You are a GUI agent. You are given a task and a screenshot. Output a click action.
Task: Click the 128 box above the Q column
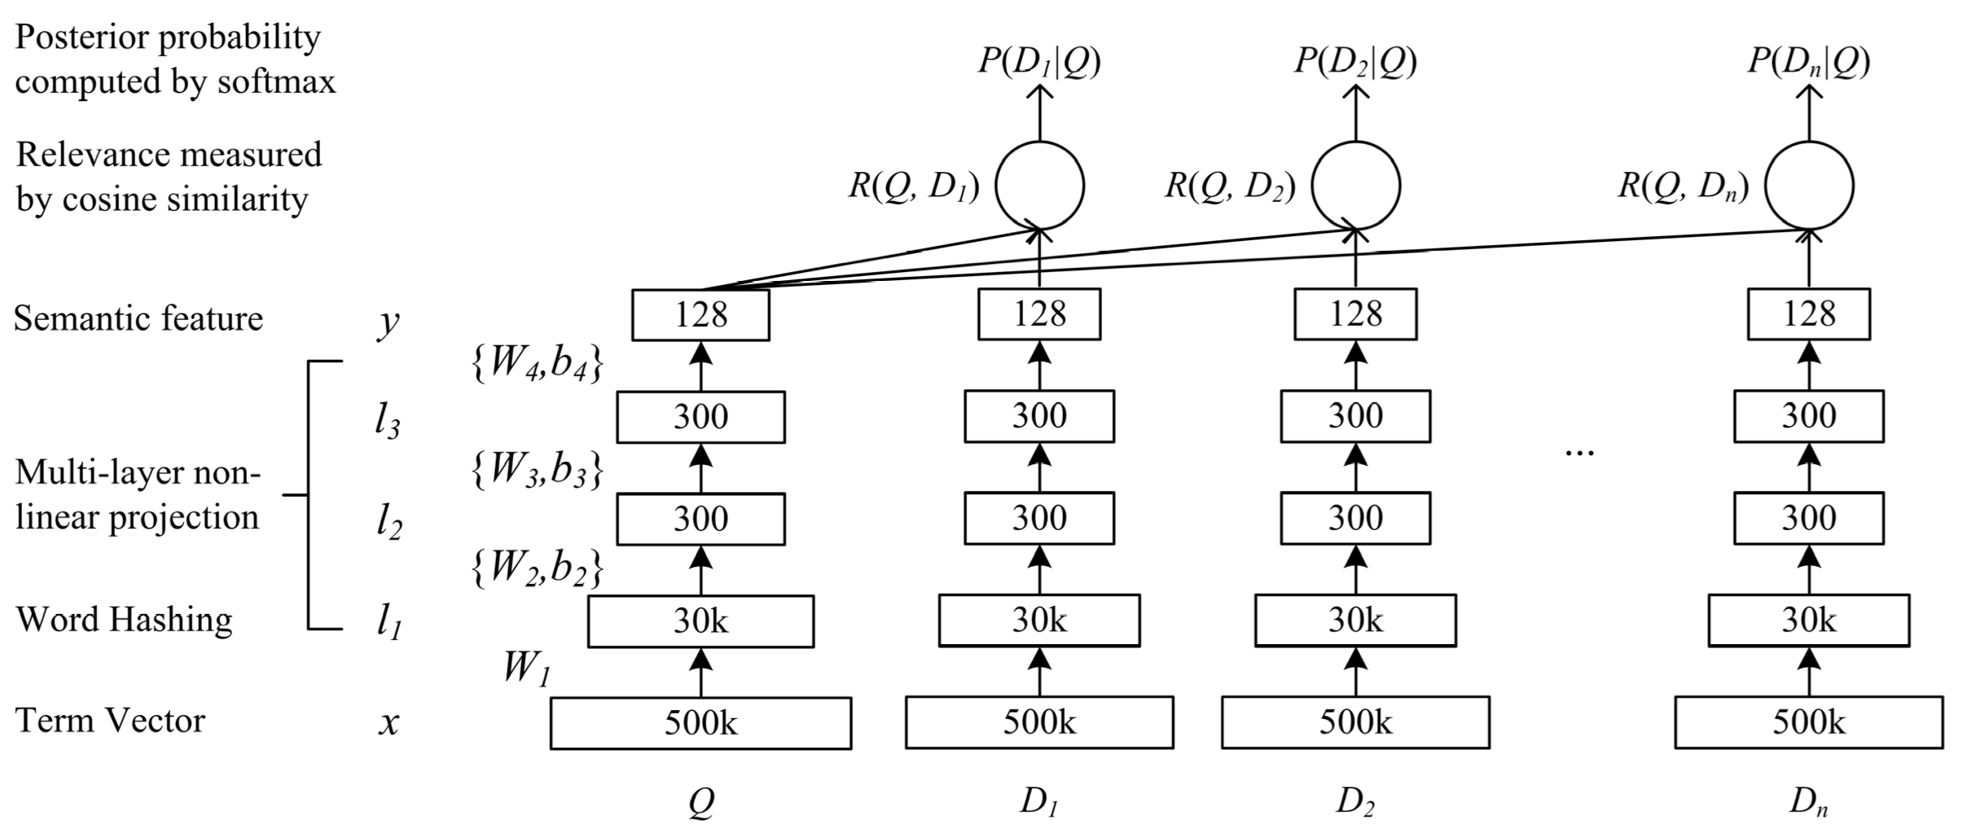(x=700, y=314)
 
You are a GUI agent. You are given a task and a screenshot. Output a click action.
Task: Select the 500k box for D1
(x=1039, y=722)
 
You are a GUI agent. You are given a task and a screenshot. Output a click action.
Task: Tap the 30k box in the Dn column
(x=1808, y=621)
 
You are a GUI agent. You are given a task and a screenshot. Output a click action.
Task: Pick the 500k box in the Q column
(x=700, y=722)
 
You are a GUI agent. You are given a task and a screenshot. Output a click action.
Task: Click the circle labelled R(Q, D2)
(x=1356, y=186)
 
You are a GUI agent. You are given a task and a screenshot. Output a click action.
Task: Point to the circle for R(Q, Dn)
(x=1809, y=186)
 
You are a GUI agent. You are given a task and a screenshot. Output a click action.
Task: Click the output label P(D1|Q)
(x=1039, y=62)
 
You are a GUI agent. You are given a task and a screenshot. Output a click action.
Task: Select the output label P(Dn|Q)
(x=1808, y=62)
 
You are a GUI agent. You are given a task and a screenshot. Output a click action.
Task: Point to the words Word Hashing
(x=124, y=620)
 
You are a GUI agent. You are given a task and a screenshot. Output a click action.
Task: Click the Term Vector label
(x=110, y=721)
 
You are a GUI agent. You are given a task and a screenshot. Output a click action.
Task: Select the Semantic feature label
(x=138, y=318)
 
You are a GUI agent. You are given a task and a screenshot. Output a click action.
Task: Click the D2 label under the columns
(x=1355, y=803)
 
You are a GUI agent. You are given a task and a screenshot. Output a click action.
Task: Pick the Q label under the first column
(x=700, y=803)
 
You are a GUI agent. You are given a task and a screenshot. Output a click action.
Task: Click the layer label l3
(x=388, y=423)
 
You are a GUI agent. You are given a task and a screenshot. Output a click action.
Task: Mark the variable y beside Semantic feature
(x=389, y=322)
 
